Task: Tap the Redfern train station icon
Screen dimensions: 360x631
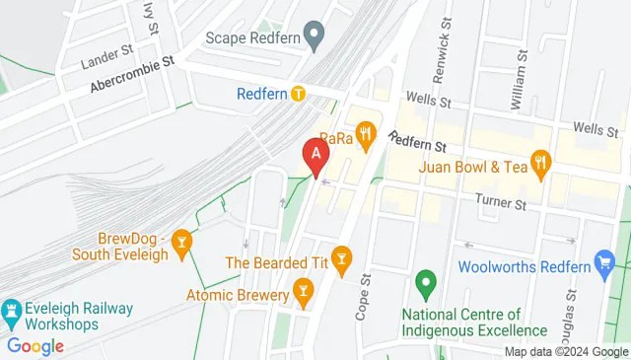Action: click(x=297, y=94)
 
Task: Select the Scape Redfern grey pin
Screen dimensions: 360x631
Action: click(x=315, y=37)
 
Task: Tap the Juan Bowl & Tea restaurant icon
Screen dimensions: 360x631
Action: click(x=540, y=163)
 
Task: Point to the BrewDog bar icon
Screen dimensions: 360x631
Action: click(x=181, y=243)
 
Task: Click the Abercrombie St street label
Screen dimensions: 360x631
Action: click(x=131, y=73)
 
